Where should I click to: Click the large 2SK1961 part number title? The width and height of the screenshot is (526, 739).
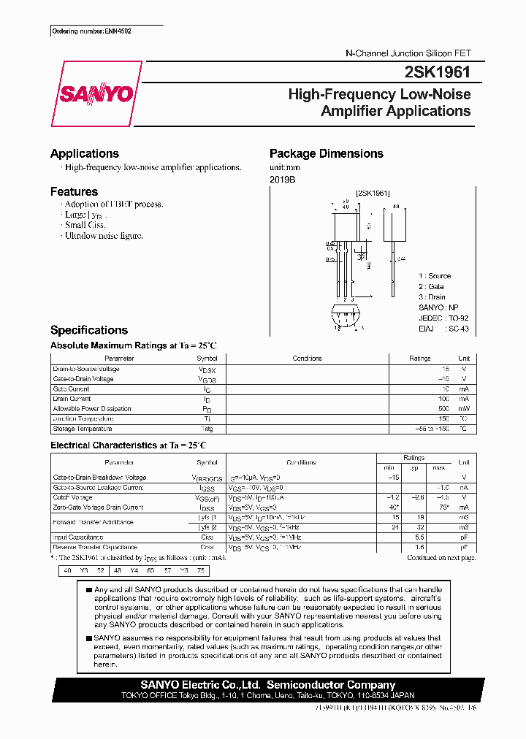coord(436,72)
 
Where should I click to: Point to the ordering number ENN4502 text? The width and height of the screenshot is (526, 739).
coord(91,31)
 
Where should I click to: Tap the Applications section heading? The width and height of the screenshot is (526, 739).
coord(85,153)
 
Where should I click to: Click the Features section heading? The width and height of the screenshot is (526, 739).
coord(74,191)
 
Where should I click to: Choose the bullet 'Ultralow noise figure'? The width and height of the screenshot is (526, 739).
coord(104,236)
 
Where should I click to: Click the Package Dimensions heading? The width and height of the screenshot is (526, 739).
coord(326,153)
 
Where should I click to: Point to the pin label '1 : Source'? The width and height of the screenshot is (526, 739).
coord(435,276)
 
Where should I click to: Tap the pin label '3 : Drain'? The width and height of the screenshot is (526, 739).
coord(432,297)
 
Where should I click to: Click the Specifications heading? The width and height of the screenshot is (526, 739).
coord(89,330)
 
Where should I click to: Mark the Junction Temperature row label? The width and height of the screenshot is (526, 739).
coord(83,419)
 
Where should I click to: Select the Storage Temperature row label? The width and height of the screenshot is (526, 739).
coord(82,429)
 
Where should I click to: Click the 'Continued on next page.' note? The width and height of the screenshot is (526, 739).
coord(441,557)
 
